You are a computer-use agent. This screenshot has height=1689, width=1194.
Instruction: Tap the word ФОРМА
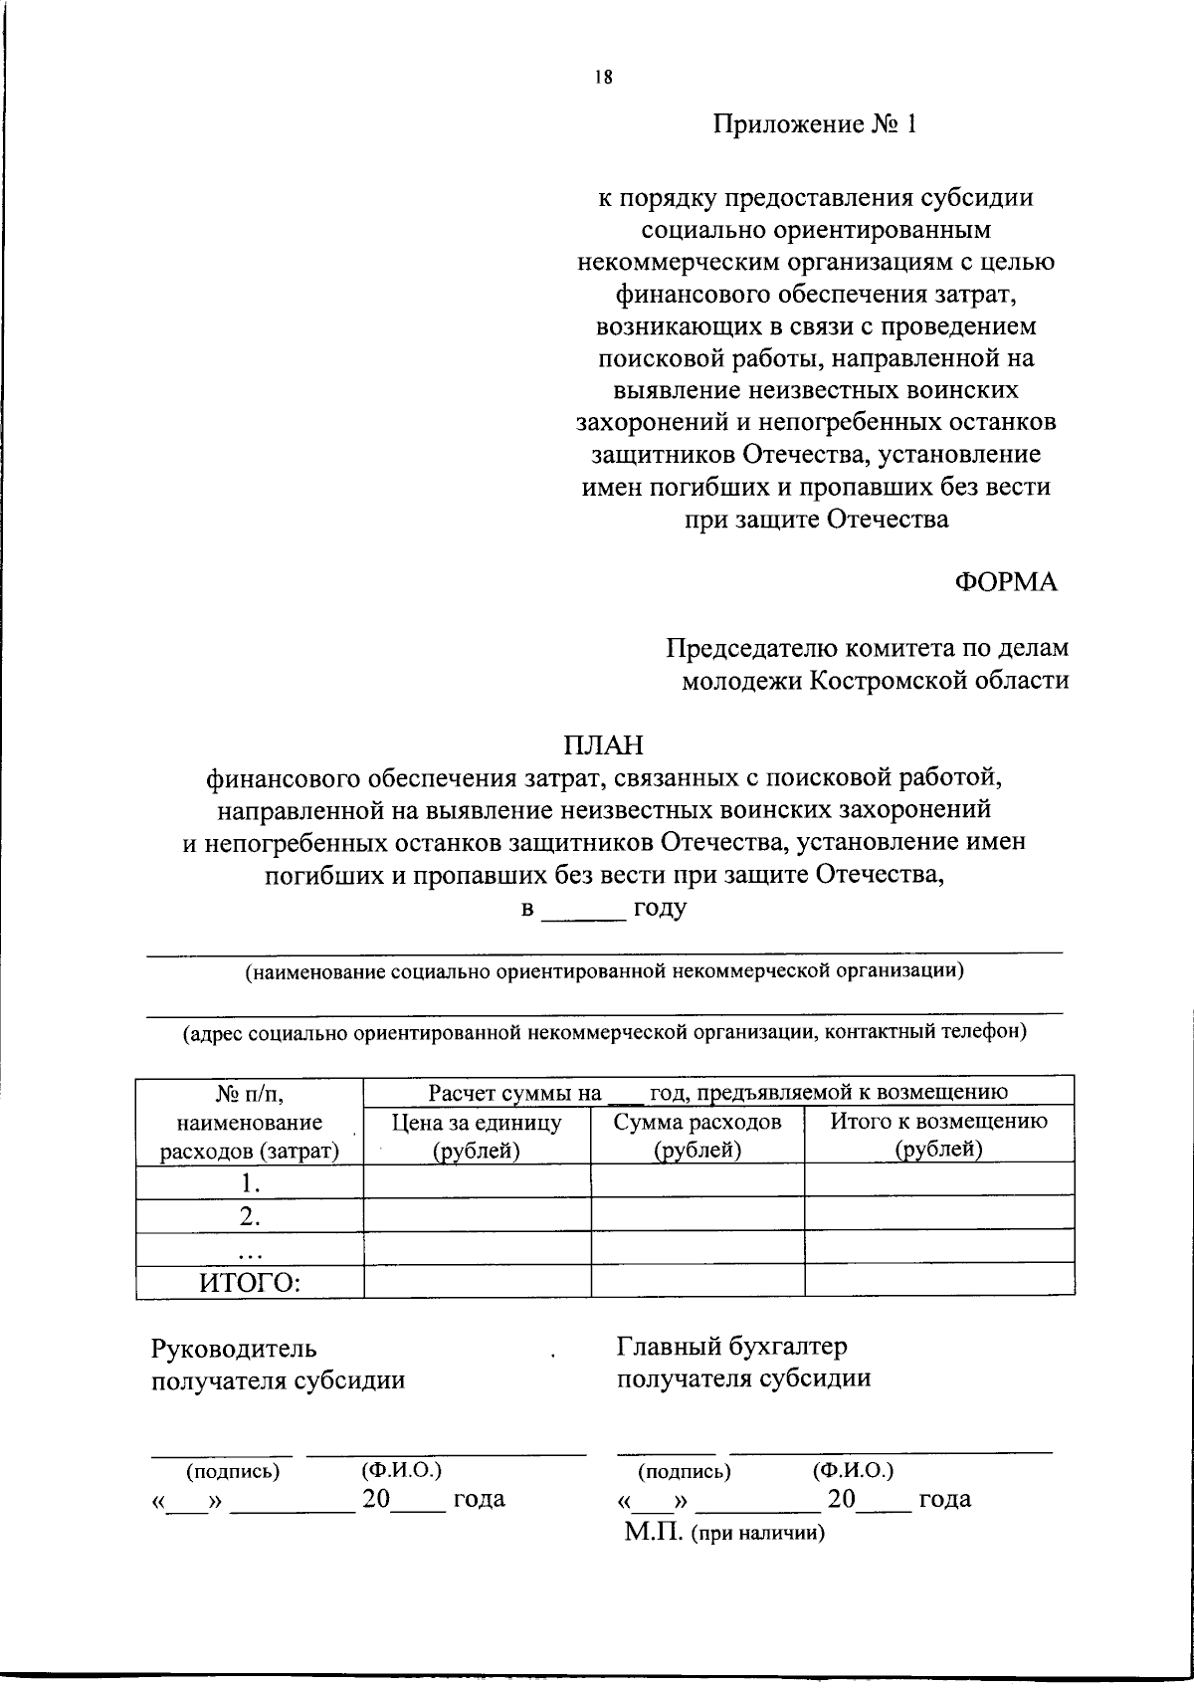1006,583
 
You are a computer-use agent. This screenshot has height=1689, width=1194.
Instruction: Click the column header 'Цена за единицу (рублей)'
477,1136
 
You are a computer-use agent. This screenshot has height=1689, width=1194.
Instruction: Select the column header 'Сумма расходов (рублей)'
697,1136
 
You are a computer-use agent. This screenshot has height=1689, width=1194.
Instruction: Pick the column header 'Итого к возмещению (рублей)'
938,1136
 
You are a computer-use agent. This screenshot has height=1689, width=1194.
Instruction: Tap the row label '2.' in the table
250,1215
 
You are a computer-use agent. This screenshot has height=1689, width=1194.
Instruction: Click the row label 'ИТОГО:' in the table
250,1282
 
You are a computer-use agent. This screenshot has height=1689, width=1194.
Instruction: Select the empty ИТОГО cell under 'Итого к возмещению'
938,1281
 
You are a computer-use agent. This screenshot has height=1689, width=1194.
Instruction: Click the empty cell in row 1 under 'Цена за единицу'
477,1180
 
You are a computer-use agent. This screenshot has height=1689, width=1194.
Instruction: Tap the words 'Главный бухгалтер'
732,1347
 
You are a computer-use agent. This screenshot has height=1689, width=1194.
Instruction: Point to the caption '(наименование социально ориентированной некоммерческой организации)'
605,971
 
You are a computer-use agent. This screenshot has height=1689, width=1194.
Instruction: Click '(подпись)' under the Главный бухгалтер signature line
685,1471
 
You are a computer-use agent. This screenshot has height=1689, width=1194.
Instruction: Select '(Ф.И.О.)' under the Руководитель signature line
401,1469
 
